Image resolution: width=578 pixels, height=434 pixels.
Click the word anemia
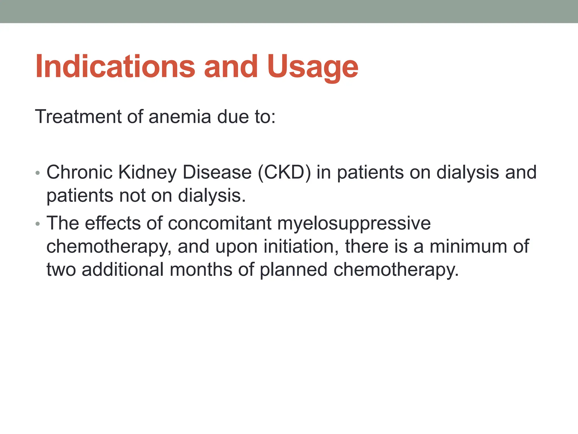pos(180,116)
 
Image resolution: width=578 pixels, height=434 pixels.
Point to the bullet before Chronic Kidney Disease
pos(38,173)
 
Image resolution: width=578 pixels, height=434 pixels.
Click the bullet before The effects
pos(38,224)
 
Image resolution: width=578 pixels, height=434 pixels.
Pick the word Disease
pos(217,172)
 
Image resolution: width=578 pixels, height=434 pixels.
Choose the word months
pos(201,269)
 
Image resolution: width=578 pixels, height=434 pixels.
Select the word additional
pos(123,269)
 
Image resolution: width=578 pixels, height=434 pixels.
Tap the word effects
pos(113,223)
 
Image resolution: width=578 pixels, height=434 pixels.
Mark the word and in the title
pos(231,67)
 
